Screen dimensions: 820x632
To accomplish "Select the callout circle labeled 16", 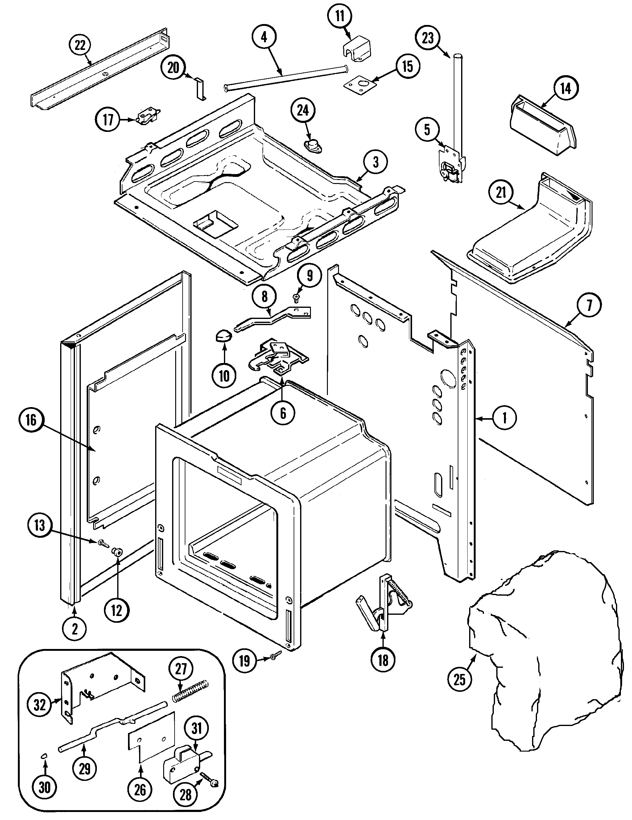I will point(31,420).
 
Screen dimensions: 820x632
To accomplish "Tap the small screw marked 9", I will point(296,299).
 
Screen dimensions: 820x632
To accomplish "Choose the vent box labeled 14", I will point(542,127).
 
